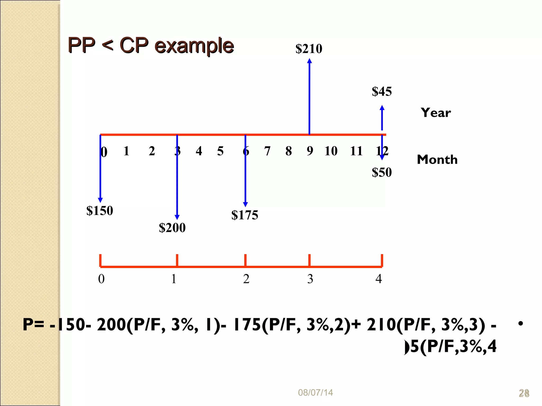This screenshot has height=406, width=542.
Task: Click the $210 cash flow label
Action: (309, 49)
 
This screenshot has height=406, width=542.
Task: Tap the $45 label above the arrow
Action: (382, 91)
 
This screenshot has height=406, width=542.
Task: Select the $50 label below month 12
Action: (382, 172)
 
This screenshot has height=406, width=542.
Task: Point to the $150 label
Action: (100, 211)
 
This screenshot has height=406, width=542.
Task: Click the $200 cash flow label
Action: (172, 228)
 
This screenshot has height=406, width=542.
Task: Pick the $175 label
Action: (245, 215)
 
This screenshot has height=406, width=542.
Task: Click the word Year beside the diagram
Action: (436, 113)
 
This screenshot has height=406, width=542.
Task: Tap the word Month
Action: (437, 160)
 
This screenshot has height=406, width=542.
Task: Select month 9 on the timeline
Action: (310, 151)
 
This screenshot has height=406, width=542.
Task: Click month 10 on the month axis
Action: (331, 151)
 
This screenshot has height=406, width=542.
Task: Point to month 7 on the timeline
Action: (267, 151)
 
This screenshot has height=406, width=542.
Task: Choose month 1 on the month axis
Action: (126, 151)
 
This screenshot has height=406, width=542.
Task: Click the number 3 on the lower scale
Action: (310, 279)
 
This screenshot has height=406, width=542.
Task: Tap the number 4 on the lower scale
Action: (379, 279)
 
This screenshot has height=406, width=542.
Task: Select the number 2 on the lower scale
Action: (246, 279)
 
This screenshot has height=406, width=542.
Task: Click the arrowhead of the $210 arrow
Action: (309, 61)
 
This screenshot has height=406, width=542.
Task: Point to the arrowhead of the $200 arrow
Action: (177, 217)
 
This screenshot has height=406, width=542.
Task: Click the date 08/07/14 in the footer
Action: (315, 393)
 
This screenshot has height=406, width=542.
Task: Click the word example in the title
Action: (194, 45)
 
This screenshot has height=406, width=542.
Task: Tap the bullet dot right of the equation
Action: (521, 323)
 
